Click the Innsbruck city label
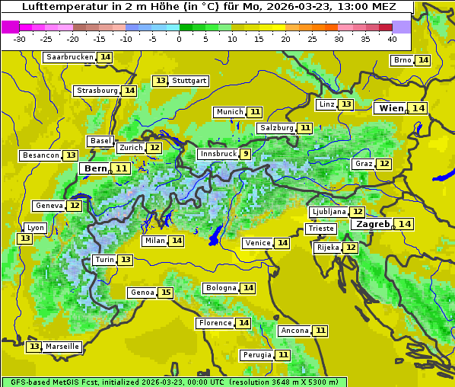(218, 154)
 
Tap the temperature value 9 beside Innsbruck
(245, 154)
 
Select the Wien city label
(391, 108)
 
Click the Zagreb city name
(373, 224)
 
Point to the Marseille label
(62, 347)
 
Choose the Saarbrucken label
(70, 57)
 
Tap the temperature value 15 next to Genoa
(166, 293)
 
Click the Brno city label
(402, 60)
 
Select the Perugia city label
(256, 355)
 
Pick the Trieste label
(320, 229)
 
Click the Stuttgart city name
(189, 81)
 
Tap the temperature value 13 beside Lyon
(25, 238)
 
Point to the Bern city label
(96, 168)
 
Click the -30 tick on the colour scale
(20, 38)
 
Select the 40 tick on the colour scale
(392, 38)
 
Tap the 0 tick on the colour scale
(180, 38)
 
